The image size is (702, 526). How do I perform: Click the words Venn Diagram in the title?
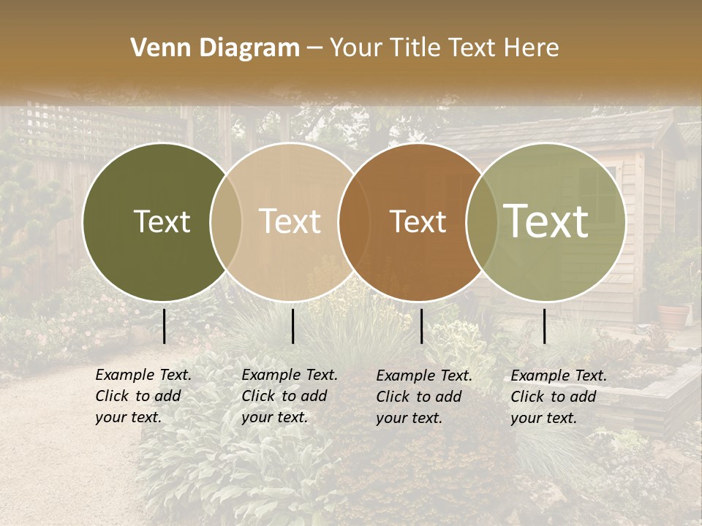[215, 48]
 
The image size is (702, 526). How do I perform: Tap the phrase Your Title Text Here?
[444, 48]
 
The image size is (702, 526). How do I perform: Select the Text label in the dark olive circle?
[162, 221]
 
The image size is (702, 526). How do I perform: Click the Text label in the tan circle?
[290, 221]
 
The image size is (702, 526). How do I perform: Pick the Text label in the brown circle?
[418, 221]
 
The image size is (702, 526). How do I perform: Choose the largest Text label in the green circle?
[546, 221]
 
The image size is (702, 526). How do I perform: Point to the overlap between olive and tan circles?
[226, 221]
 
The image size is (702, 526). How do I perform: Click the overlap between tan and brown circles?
[354, 221]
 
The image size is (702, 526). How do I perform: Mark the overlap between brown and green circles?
[481, 221]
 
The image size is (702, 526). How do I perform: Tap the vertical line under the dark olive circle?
[164, 326]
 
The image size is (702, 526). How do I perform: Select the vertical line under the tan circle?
[292, 326]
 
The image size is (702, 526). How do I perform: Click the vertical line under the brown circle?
[421, 326]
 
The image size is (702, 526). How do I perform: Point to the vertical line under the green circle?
[544, 326]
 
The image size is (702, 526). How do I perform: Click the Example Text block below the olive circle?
[143, 396]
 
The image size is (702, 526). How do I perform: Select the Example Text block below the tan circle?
[289, 396]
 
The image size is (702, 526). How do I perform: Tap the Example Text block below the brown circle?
[423, 397]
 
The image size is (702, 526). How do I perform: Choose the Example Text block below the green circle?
[558, 397]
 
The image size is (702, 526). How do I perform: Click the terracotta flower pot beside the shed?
[673, 315]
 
